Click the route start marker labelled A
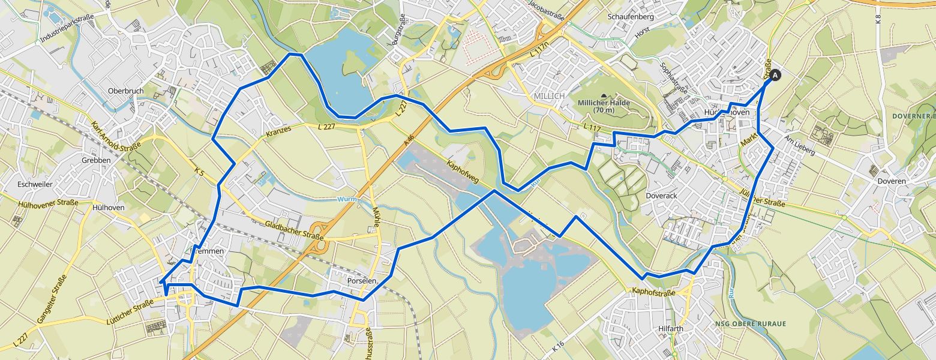tap(775, 75)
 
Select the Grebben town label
tap(96, 160)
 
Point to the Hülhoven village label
tap(109, 207)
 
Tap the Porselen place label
tap(362, 281)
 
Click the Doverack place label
tap(661, 196)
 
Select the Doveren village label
tap(890, 181)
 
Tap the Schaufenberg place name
tap(638, 17)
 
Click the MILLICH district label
tap(549, 96)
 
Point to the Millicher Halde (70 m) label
tap(604, 106)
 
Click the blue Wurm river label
tap(347, 199)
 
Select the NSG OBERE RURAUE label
tap(750, 324)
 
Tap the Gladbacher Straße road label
tap(294, 232)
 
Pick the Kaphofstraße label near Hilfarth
tap(653, 293)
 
